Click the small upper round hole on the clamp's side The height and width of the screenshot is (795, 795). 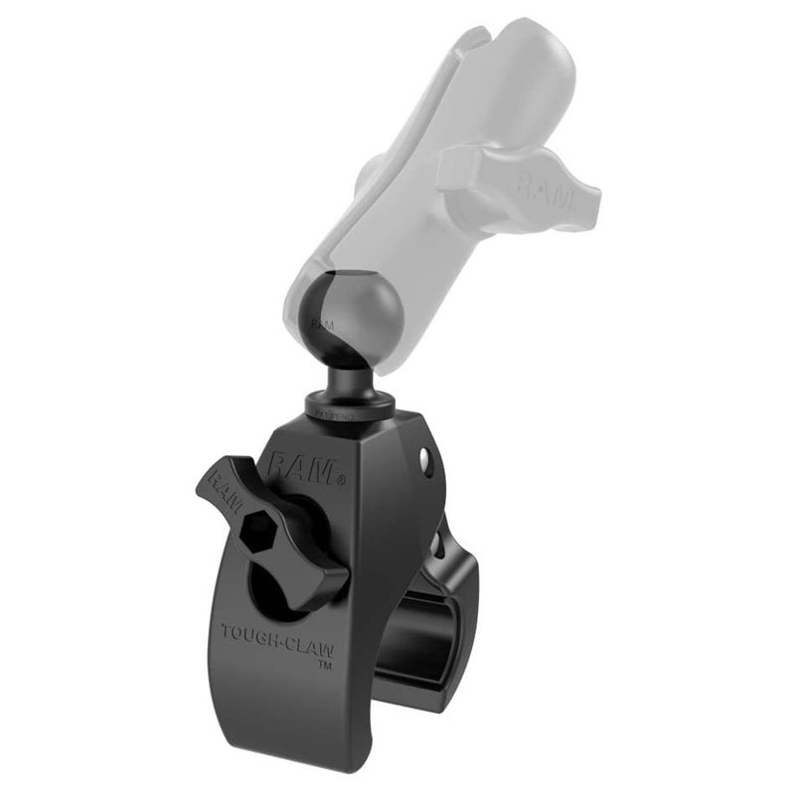click(424, 459)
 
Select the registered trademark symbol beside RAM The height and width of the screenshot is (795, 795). click(340, 480)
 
